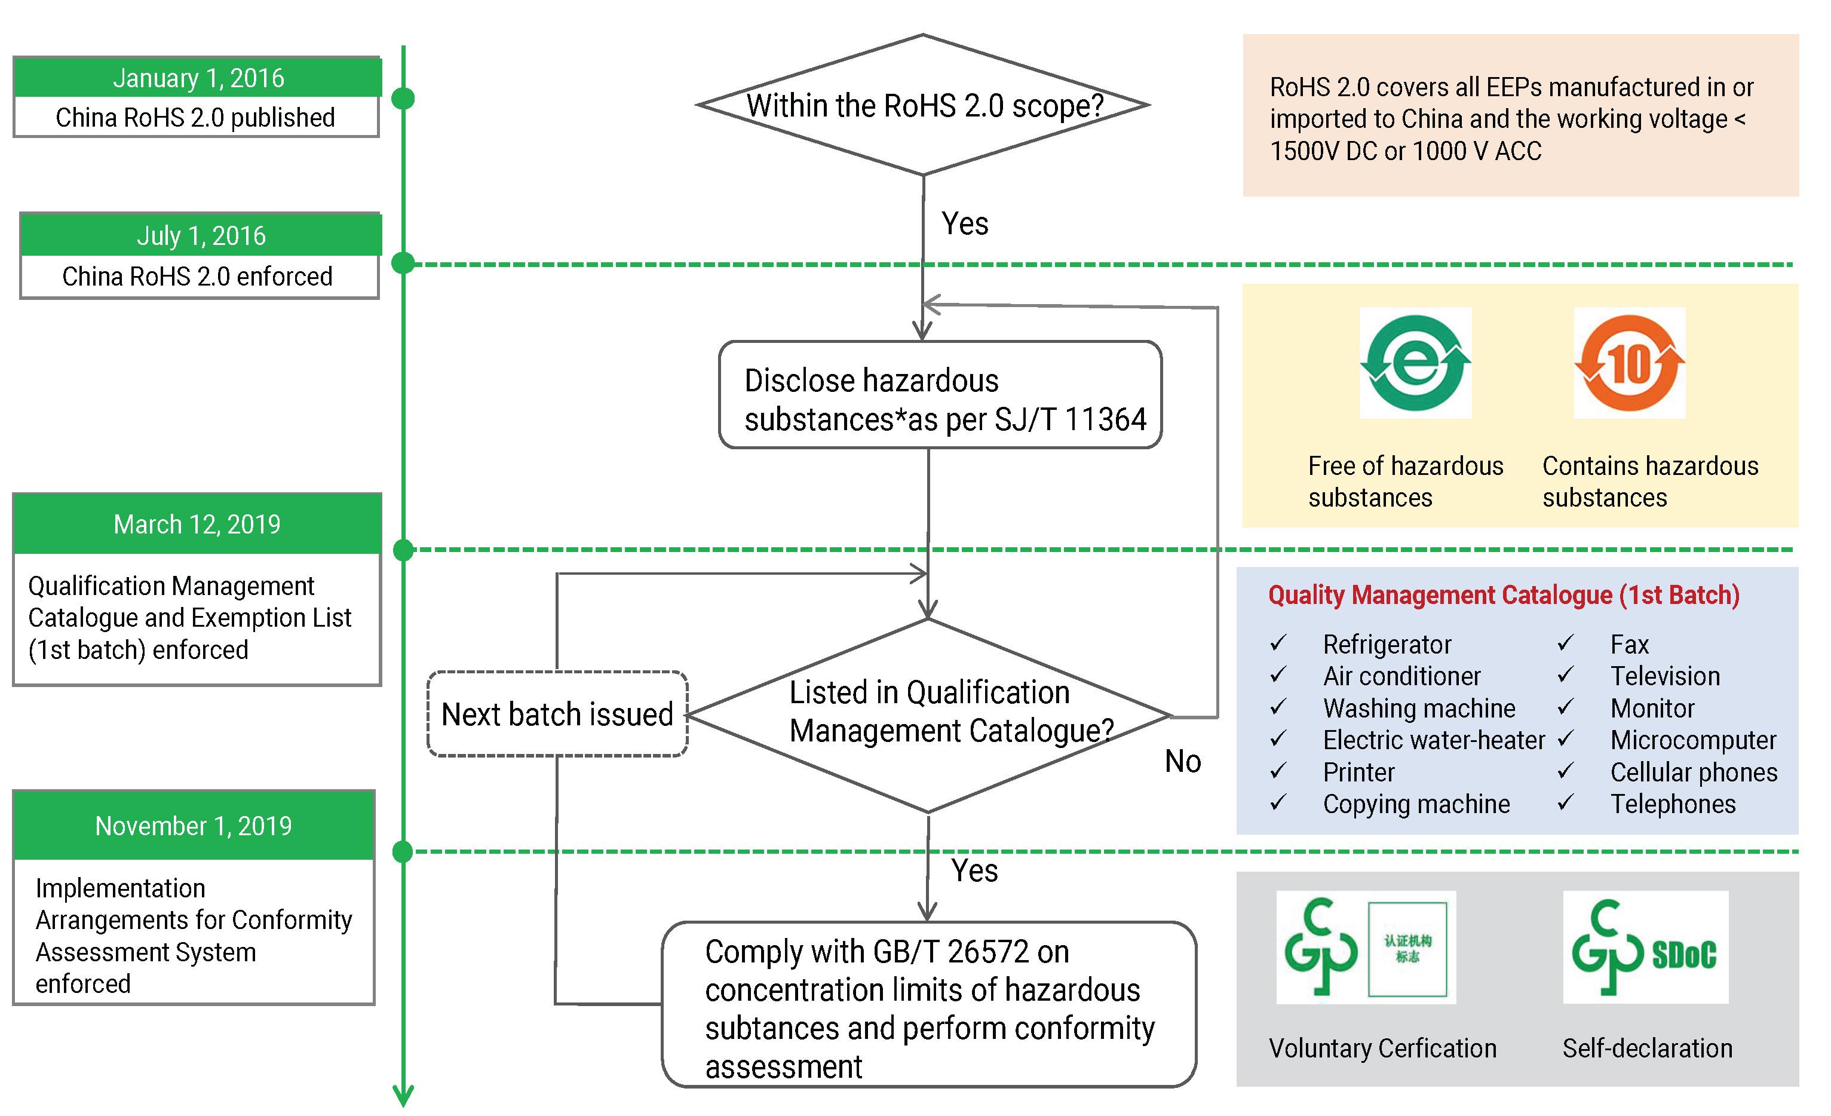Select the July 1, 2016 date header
(201, 235)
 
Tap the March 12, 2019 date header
(197, 524)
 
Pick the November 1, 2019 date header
(193, 826)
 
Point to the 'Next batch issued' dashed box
(557, 714)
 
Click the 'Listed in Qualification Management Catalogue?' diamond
(929, 713)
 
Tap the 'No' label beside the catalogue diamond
(1182, 762)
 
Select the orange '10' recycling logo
(1630, 363)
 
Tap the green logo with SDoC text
(1645, 948)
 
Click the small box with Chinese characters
(1407, 948)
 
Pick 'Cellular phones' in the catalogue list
(1694, 772)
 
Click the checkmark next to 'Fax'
(1565, 643)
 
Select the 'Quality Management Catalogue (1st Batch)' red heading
(1504, 595)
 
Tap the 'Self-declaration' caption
(1648, 1048)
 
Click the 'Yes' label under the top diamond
(965, 223)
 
